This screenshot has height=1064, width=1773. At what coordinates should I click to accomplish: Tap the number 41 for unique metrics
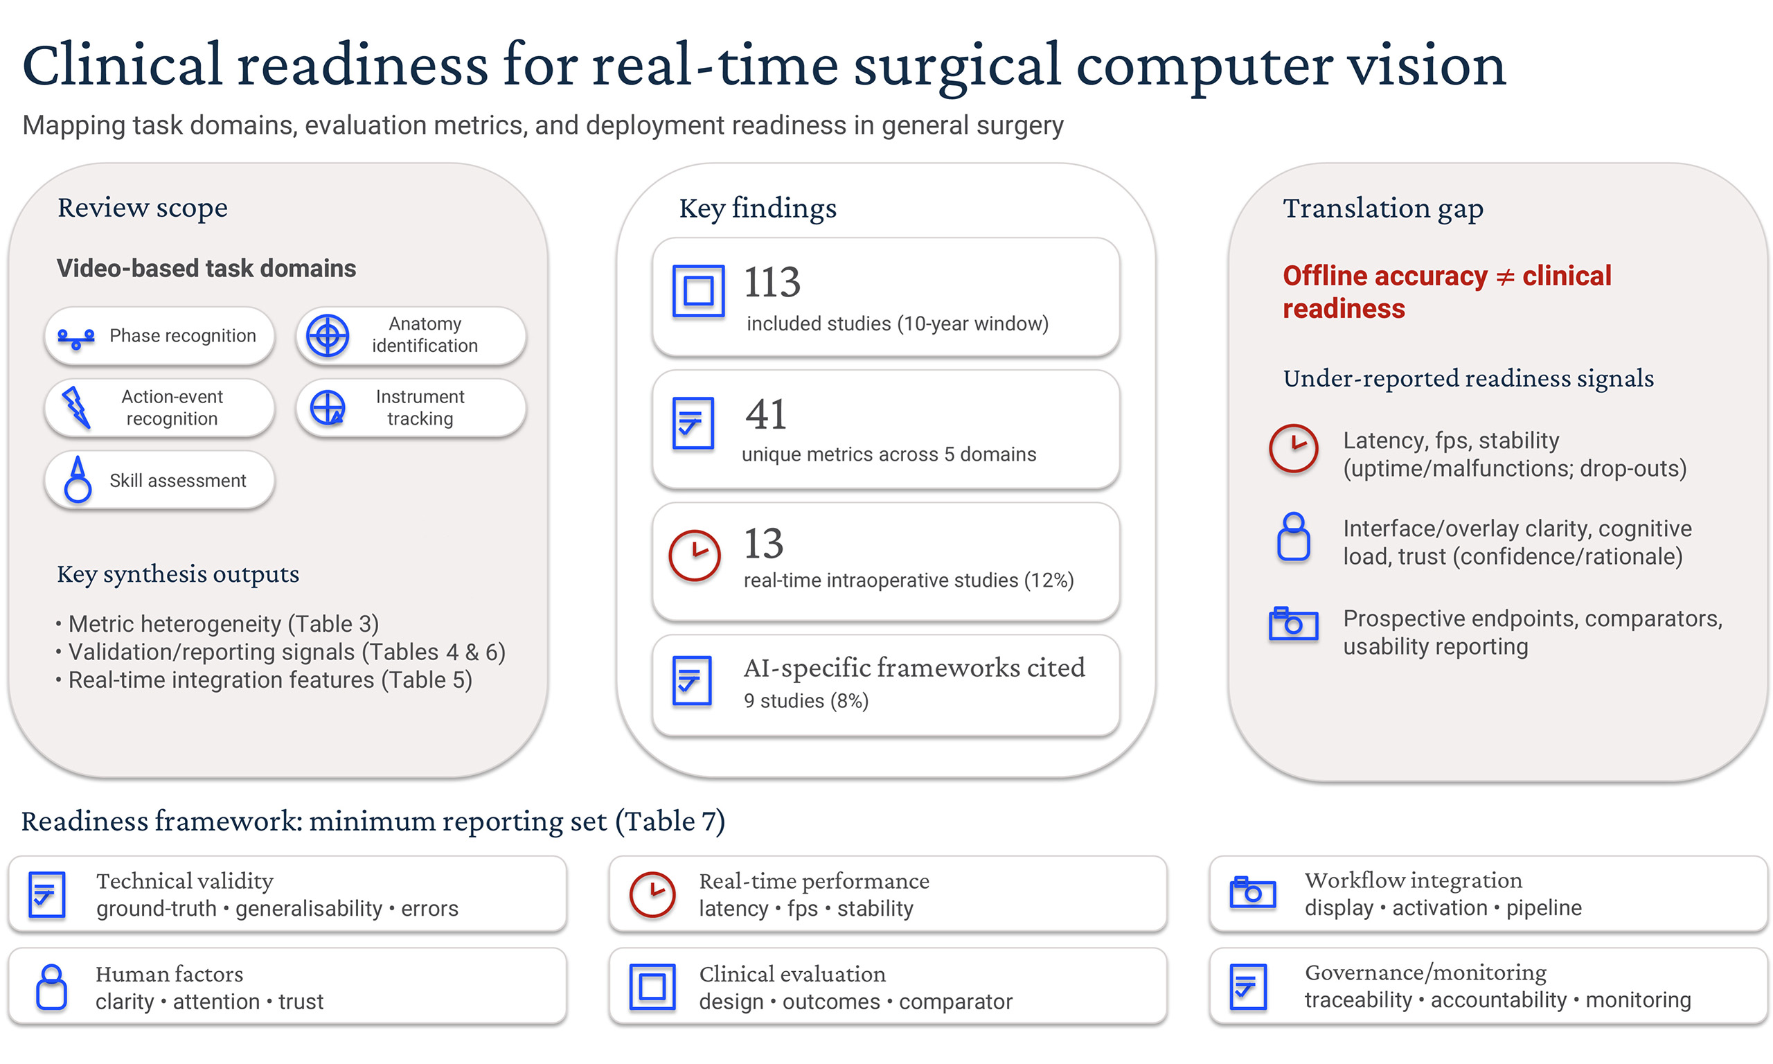point(765,414)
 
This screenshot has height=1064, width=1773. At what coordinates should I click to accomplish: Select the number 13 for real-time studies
point(763,543)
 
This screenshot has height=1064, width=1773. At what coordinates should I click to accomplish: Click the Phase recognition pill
point(160,335)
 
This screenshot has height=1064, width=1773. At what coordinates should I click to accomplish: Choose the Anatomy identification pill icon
point(328,335)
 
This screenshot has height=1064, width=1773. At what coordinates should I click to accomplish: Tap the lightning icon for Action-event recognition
point(76,407)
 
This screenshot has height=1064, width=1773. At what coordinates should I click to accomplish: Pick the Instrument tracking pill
point(411,407)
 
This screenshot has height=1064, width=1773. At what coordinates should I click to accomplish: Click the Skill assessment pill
point(160,480)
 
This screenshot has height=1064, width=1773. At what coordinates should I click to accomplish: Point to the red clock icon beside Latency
point(1293,448)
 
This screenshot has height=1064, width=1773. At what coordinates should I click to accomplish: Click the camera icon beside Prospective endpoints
point(1293,623)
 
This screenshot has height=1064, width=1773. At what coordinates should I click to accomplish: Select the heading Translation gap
point(1382,208)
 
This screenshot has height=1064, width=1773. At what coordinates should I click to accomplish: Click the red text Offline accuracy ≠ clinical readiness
point(1446,292)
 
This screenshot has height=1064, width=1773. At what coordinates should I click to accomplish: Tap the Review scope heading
point(143,208)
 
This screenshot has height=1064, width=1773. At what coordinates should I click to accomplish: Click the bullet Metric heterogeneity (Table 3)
point(223,623)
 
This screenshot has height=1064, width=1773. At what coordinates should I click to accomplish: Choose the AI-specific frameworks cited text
point(914,668)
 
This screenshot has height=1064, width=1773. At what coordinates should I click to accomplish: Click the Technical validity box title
point(185,880)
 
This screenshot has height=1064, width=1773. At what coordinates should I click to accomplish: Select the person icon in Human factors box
point(52,987)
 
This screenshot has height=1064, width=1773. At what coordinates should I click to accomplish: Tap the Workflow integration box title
point(1413,880)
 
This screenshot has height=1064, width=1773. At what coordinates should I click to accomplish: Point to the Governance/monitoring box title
point(1425,973)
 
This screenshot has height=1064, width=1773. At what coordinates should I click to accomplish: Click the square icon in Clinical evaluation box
point(652,987)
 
